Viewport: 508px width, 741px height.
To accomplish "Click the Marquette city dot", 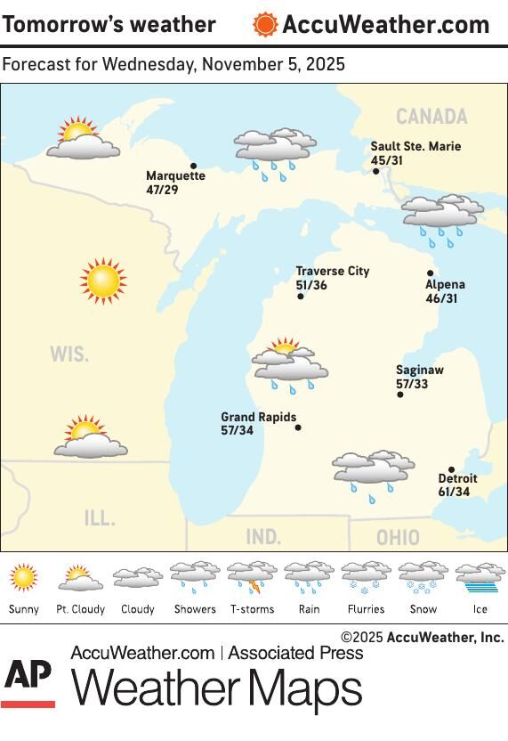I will (x=193, y=165).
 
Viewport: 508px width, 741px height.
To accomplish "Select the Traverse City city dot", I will (x=301, y=297).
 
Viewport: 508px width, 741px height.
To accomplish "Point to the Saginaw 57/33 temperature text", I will (x=412, y=385).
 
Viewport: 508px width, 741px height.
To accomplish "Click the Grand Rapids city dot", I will (x=298, y=427).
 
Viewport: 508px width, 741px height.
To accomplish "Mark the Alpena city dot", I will (x=430, y=273).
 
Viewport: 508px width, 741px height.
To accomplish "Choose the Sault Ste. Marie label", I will (x=416, y=146).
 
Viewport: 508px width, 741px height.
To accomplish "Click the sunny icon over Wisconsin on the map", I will (x=103, y=281).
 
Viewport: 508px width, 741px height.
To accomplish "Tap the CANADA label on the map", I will (x=431, y=117).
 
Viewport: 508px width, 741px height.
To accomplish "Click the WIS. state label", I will (x=69, y=354).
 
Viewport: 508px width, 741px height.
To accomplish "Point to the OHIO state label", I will (x=398, y=538).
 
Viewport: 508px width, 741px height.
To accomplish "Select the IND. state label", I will (x=263, y=537).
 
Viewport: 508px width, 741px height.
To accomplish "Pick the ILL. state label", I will (x=99, y=517).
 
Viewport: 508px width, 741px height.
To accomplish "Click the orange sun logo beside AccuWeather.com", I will (x=265, y=24).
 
